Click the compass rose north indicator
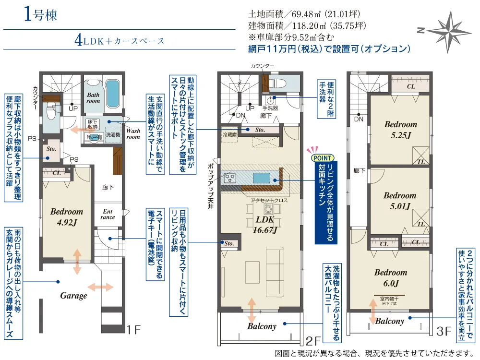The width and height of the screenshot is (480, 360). click(x=420, y=30)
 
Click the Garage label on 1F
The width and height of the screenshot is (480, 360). click(x=73, y=296)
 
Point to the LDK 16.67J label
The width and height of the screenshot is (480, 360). click(x=264, y=224)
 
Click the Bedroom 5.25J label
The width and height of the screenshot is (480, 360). click(x=400, y=130)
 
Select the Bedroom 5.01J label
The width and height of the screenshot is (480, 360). click(x=399, y=201)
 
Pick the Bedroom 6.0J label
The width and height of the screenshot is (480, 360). click(x=391, y=277)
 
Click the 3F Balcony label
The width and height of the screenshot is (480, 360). click(x=389, y=321)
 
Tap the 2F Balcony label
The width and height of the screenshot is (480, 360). click(x=262, y=326)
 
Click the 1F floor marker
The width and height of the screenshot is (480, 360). click(x=133, y=330)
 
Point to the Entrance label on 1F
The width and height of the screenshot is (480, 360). click(x=108, y=214)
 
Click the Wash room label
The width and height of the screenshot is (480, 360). click(x=133, y=133)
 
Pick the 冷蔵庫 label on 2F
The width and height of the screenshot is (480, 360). click(x=229, y=135)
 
